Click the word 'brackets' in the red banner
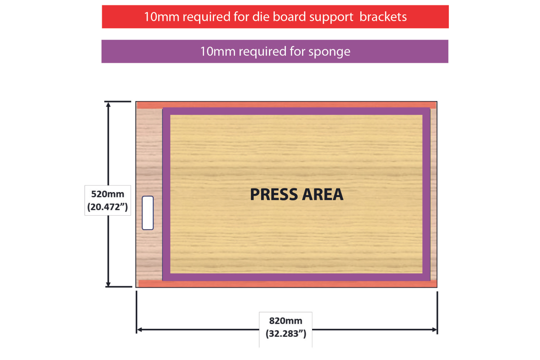click(383, 17)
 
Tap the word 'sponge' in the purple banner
click(329, 52)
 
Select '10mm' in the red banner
click(162, 17)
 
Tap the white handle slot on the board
click(148, 213)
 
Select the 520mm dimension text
click(108, 194)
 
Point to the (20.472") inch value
click(108, 207)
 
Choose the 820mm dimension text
click(286, 321)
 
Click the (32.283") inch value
click(286, 333)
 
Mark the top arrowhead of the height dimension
click(108, 104)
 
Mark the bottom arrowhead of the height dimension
click(108, 284)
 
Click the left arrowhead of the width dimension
click(139, 330)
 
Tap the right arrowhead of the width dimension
click(435, 330)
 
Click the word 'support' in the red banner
click(331, 17)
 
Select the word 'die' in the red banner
click(261, 17)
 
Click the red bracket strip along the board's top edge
click(286, 105)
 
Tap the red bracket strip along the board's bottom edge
click(286, 284)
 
